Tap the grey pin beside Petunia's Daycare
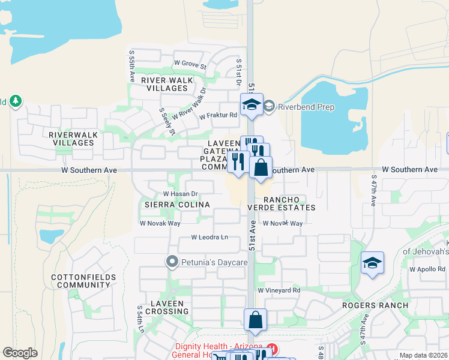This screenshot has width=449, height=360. coord(172,262)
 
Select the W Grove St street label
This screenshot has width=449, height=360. coord(190,63)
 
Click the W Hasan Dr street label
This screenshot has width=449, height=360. coord(181,194)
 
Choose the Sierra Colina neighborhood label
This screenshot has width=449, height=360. coord(177,205)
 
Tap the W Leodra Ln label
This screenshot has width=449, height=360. coord(209,237)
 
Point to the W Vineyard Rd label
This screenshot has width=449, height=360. coord(279,290)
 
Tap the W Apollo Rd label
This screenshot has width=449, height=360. coord(427,269)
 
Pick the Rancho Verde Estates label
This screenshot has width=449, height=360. coord(282,203)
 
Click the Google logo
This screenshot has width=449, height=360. coord(20,353)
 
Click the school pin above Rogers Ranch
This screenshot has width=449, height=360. coord(372,262)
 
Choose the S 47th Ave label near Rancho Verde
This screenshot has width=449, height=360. coord(373,191)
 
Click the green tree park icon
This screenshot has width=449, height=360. coord(16,101)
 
